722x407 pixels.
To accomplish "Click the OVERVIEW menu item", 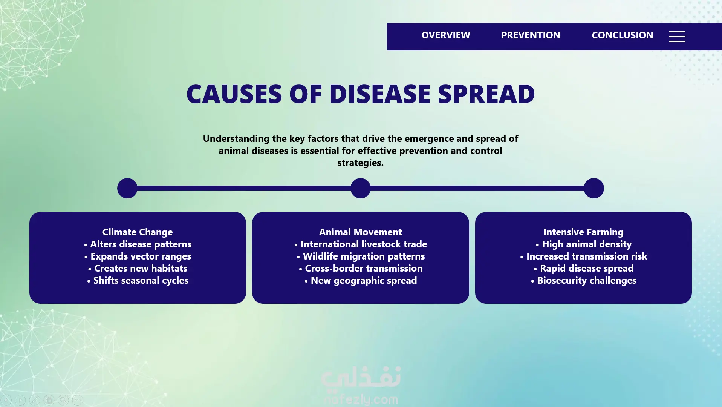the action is (446, 35).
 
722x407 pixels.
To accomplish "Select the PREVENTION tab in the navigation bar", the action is (531, 35).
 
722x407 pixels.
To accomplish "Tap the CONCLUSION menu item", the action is (622, 35).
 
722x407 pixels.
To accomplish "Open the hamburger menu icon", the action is (677, 37).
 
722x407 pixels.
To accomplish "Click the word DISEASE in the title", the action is (380, 94).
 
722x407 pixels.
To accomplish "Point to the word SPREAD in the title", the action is (486, 94).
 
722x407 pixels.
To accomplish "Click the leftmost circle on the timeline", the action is (127, 188).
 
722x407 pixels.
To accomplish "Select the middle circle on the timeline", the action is (361, 188).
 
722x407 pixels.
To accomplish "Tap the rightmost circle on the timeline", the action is (594, 188).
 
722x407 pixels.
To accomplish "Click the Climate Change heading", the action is (138, 232).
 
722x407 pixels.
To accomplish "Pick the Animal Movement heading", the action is (361, 232).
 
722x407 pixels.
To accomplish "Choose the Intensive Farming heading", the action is (583, 232).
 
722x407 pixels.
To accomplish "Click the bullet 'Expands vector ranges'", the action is (138, 256).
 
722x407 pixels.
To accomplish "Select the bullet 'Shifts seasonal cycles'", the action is (138, 281).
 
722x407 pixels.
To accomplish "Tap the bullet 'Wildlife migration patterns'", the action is (361, 256).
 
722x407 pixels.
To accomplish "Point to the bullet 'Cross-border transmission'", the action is (361, 268).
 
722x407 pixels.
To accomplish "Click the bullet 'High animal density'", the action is (583, 244).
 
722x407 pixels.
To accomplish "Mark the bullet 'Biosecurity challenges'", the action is (583, 281).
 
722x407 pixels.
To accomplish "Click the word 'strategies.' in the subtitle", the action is (361, 163).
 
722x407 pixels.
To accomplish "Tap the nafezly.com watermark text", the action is (361, 399).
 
